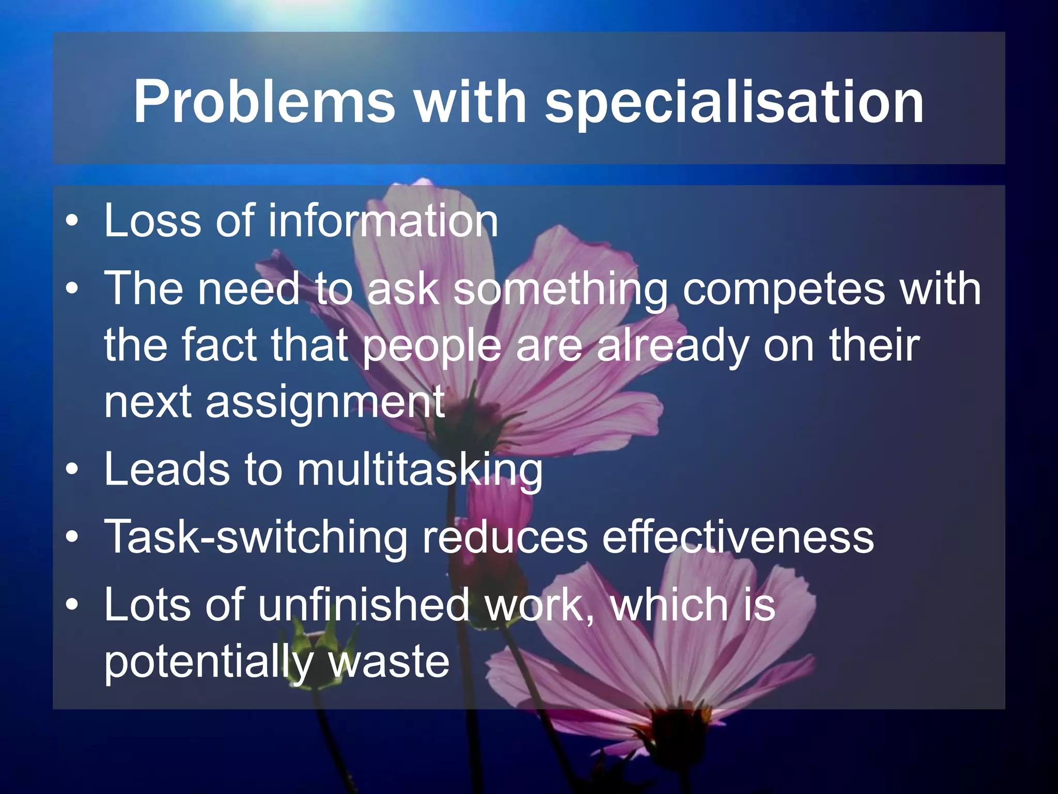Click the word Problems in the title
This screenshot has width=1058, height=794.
click(x=264, y=102)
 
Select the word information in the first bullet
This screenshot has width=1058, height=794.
click(x=383, y=221)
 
